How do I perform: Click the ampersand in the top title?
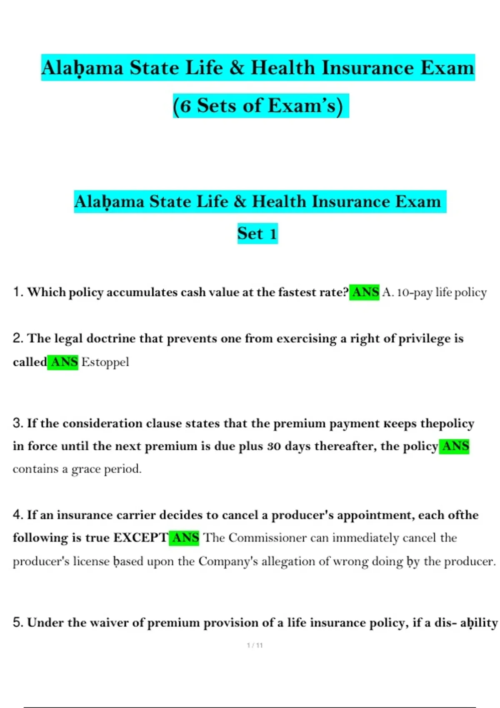click(236, 68)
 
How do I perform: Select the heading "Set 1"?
click(257, 233)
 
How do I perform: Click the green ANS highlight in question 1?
click(365, 292)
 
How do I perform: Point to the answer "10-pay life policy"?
click(442, 292)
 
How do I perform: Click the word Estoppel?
click(105, 362)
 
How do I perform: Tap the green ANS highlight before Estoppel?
click(63, 362)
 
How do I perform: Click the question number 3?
click(17, 423)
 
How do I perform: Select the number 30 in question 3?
click(274, 446)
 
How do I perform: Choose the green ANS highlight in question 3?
click(455, 446)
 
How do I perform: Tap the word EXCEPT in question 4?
click(140, 538)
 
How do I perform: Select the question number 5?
click(17, 622)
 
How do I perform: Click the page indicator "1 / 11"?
click(255, 646)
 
